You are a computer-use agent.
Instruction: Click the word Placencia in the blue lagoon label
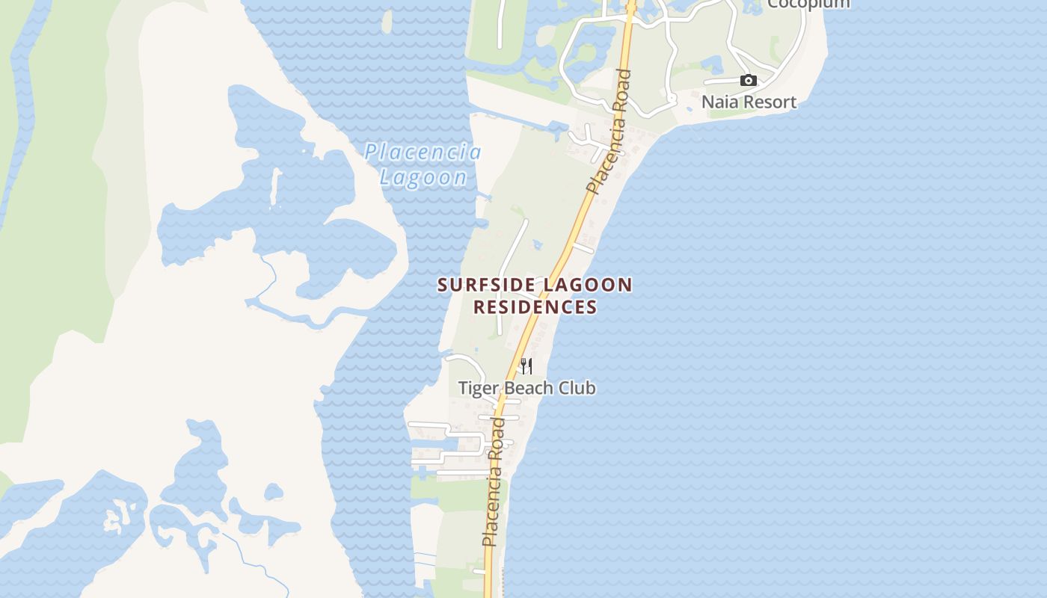coord(423,152)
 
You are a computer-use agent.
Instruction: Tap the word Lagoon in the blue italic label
coord(423,177)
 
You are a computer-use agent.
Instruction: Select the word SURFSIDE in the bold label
coord(486,285)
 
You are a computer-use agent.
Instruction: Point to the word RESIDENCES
coord(535,306)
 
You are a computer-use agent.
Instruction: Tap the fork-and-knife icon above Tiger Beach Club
coord(526,366)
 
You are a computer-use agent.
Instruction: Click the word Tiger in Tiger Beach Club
coord(476,388)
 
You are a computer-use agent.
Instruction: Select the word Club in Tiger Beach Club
coord(577,388)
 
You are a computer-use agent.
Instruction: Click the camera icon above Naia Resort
coord(748,80)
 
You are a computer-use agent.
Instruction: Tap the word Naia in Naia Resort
coord(720,102)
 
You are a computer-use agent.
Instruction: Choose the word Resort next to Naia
coord(770,102)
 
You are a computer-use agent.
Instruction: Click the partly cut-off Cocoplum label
coord(808,4)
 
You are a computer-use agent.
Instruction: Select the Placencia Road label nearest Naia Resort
coord(610,131)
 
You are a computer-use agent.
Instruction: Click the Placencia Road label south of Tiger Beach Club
coord(494,482)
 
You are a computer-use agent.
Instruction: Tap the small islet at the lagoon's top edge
coord(387,22)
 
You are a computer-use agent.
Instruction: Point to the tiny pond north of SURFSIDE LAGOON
coord(537,244)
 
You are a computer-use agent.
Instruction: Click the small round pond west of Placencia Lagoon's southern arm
coord(274,492)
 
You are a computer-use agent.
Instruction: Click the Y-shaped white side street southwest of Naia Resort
coord(591,140)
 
